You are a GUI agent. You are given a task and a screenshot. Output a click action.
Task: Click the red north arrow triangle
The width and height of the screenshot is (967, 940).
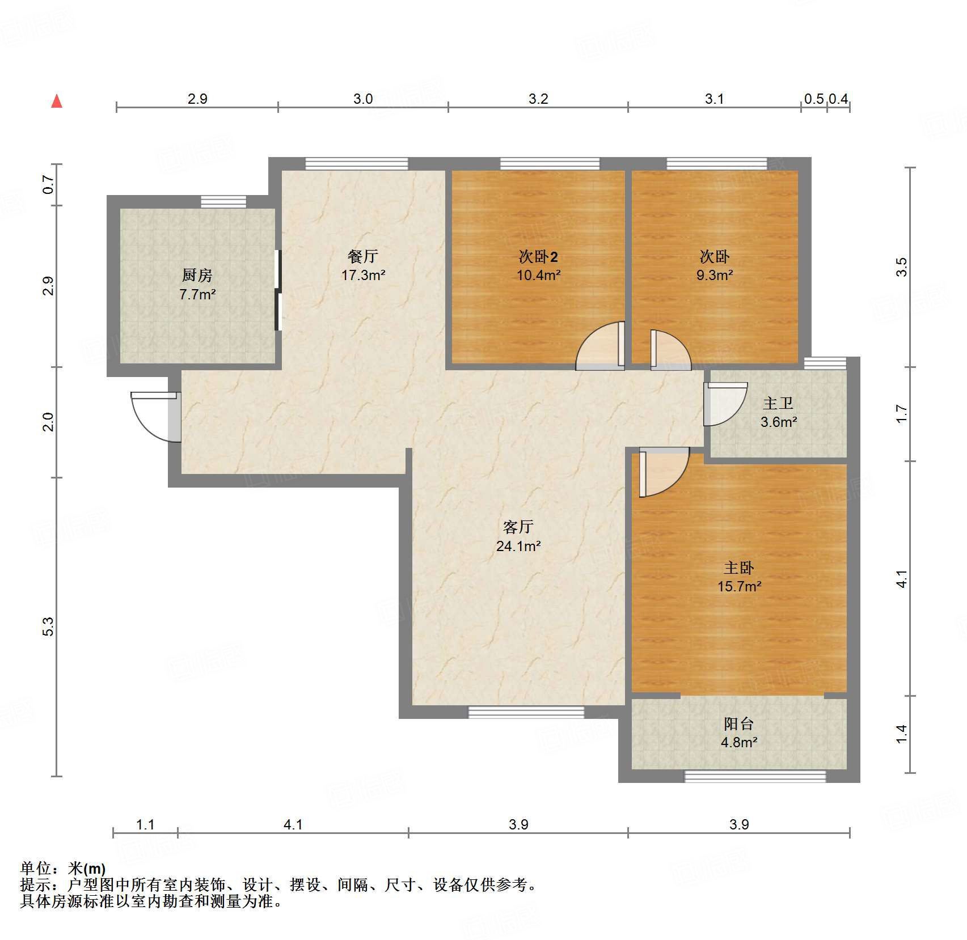pos(57,101)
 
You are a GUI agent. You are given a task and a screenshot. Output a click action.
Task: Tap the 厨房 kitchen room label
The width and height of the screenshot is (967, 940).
pos(197,276)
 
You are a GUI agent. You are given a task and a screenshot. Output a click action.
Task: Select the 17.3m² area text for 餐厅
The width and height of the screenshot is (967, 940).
pos(363,276)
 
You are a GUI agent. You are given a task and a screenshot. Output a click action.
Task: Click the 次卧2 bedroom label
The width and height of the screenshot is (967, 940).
pos(538,257)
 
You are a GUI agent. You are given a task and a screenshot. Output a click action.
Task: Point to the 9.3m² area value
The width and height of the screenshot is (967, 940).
pos(715,276)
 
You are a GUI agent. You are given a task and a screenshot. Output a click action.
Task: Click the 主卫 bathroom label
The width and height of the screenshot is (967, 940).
pos(778,403)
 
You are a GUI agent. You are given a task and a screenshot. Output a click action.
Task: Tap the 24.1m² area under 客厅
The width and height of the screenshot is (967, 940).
pos(518,546)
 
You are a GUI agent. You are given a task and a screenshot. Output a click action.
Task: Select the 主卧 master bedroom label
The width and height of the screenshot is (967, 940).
pos(738,568)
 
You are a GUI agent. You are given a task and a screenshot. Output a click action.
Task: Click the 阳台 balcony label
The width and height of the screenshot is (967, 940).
pos(738,723)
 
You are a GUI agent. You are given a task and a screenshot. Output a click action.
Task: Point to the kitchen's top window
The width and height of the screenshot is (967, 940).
pos(223,201)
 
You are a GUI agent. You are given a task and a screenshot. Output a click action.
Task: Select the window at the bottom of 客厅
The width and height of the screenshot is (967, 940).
pos(526,712)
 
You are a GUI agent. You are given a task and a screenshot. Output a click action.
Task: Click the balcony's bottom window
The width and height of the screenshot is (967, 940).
pos(755,776)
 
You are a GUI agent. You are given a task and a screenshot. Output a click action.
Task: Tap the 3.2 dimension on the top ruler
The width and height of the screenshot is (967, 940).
pos(538,99)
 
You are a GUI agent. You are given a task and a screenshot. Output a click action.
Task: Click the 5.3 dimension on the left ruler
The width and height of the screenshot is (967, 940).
pos(48,626)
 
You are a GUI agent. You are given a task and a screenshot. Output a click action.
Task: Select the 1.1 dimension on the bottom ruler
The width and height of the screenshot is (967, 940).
pos(145,824)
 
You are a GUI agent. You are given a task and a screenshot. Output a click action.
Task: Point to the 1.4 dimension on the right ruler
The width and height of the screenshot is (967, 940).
pos(901,734)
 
